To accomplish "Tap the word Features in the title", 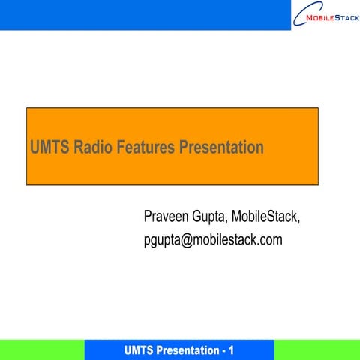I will click(x=145, y=148).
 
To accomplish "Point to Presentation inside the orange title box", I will click(x=221, y=148).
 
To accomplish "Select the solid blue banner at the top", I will click(x=142, y=15).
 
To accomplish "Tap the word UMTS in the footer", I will click(x=142, y=350).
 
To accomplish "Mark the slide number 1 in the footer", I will click(x=232, y=350).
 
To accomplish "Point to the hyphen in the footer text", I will click(x=223, y=351).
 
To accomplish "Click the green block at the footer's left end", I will click(x=41, y=349).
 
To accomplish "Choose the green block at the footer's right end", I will click(x=316, y=349).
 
